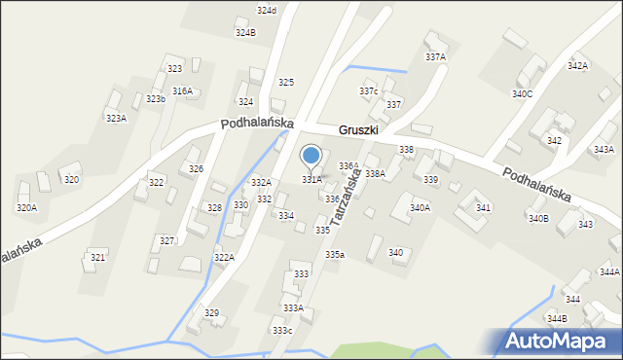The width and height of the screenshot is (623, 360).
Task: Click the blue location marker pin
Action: (311, 156)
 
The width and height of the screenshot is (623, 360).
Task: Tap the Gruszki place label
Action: (358, 129)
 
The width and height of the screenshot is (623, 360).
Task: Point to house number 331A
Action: (311, 179)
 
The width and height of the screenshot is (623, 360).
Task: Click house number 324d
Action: (267, 10)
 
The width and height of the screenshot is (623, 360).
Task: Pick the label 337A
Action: (435, 57)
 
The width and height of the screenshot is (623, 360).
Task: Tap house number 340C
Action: (523, 94)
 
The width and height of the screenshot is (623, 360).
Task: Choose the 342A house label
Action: (578, 66)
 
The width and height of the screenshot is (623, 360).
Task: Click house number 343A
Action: (604, 150)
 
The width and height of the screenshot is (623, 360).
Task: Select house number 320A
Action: (26, 207)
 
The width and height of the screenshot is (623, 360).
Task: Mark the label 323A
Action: (116, 118)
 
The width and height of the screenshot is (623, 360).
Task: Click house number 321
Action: (97, 257)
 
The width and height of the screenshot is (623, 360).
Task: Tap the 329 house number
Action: (211, 312)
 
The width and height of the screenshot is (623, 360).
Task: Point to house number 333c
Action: (282, 331)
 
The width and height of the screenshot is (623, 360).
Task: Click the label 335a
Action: (335, 254)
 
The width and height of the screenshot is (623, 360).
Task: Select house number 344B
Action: (557, 318)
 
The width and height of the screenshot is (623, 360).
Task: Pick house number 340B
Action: (538, 218)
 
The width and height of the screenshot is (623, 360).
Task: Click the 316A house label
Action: (182, 90)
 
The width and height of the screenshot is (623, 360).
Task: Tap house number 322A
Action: (224, 257)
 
